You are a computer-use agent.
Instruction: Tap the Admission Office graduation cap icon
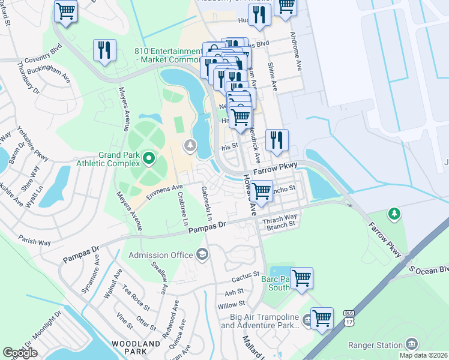[x=202, y=256]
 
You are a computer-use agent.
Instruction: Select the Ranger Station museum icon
[x=411, y=344]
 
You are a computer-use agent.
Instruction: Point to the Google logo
[x=20, y=353]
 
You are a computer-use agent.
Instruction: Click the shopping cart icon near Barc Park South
[x=301, y=277]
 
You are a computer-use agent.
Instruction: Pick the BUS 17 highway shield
[x=349, y=317]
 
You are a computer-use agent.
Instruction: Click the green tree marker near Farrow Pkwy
[x=394, y=213]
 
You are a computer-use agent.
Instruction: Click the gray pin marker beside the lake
[x=190, y=145]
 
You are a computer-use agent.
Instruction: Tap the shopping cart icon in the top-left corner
[x=65, y=10]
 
